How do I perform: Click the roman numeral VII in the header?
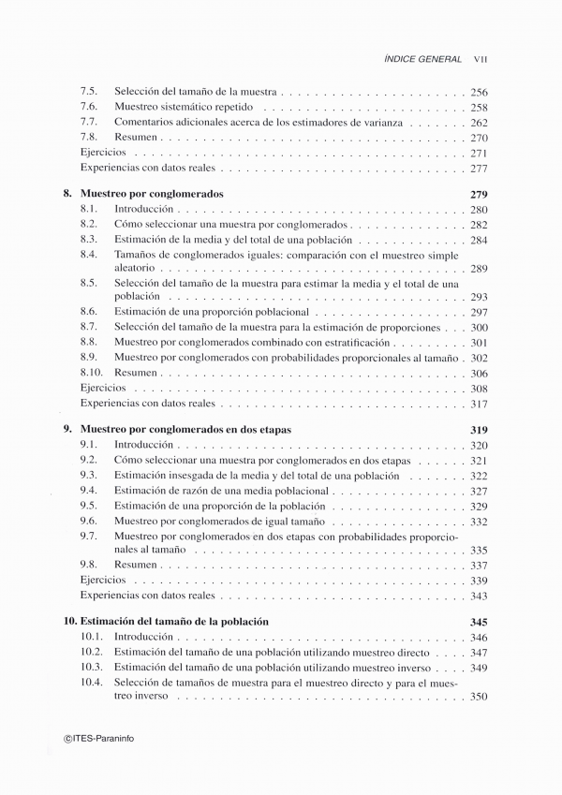[482, 59]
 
